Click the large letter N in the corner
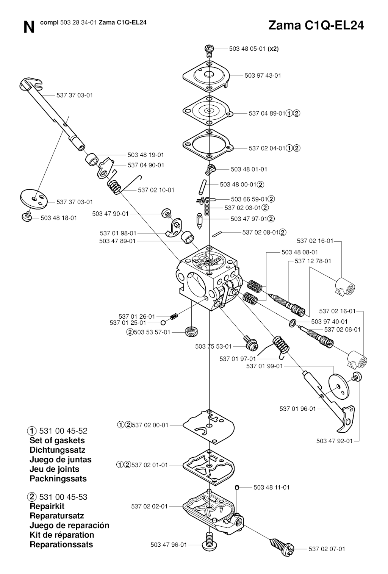coord(29,27)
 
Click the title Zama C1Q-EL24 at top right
coord(316,25)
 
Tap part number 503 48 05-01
coord(247,49)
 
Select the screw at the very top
coord(209,50)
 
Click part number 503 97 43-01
coord(263,76)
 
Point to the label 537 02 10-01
coord(156,190)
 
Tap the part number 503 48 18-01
coord(59,218)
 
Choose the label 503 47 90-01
coord(110,214)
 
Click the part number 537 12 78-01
coord(313,261)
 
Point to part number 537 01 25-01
coord(128,323)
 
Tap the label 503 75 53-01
coord(213,346)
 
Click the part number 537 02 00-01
coord(150,425)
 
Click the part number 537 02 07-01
coord(327,549)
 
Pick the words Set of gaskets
coord(57,440)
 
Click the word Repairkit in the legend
coord(47,506)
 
